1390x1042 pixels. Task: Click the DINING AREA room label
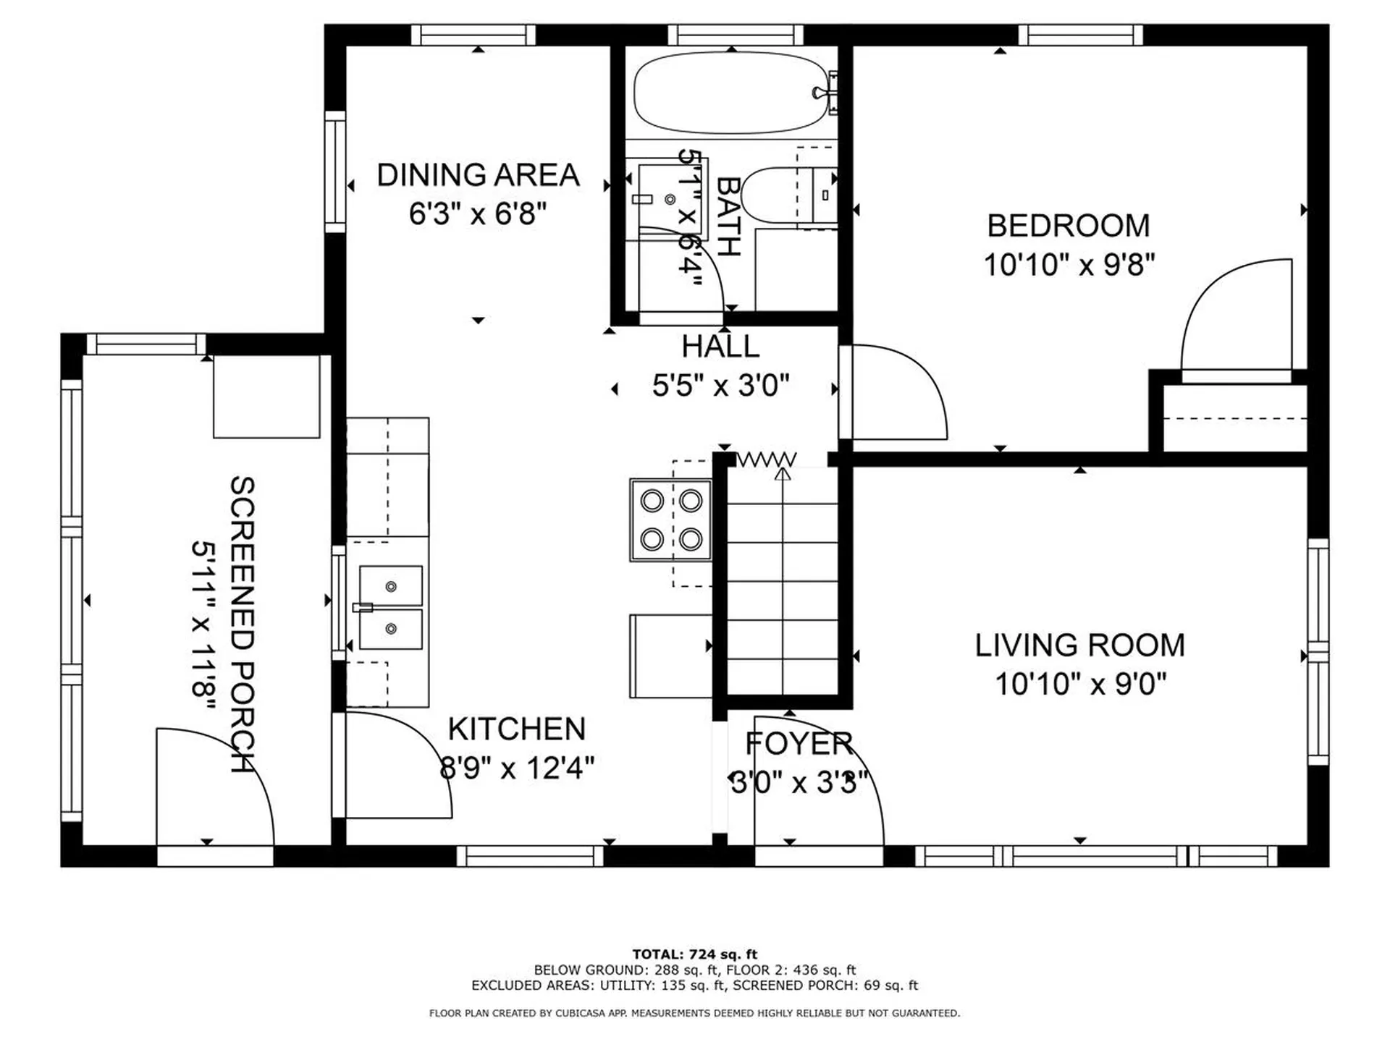[478, 176]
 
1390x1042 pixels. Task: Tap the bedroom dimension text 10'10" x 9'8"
[1069, 265]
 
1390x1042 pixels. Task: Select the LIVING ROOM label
[1079, 645]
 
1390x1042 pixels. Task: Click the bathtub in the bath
[730, 93]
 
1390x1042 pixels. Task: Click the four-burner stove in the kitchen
[670, 520]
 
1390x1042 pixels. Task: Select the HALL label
[720, 347]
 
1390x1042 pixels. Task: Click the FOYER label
[799, 744]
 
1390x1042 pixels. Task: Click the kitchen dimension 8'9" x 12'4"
[517, 768]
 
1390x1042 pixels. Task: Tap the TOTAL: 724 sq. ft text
[694, 954]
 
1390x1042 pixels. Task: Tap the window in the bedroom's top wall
[1080, 35]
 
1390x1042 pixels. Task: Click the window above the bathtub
[735, 35]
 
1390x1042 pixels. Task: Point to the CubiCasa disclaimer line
[694, 1013]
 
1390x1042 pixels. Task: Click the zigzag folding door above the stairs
[766, 459]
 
